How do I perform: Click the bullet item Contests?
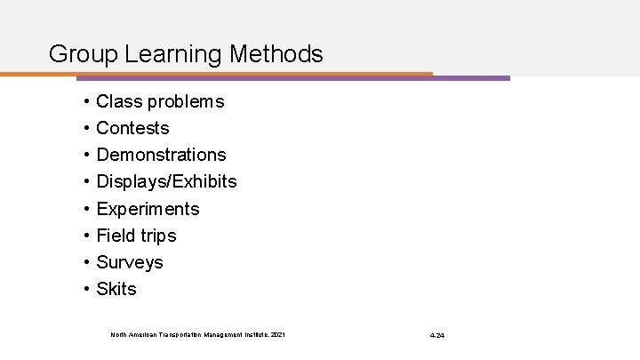[x=132, y=129]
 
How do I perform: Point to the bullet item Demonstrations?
[x=161, y=156]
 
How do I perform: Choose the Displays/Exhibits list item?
[x=166, y=182]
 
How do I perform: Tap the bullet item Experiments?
[x=148, y=209]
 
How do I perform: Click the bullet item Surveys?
[x=130, y=262]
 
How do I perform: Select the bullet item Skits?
[x=116, y=289]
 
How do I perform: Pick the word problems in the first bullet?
[x=186, y=102]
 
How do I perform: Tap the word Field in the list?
[x=116, y=236]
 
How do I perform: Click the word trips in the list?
[x=159, y=236]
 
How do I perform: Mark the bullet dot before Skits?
[x=83, y=289]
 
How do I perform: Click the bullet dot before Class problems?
[x=83, y=102]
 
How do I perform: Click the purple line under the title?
[x=471, y=78]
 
